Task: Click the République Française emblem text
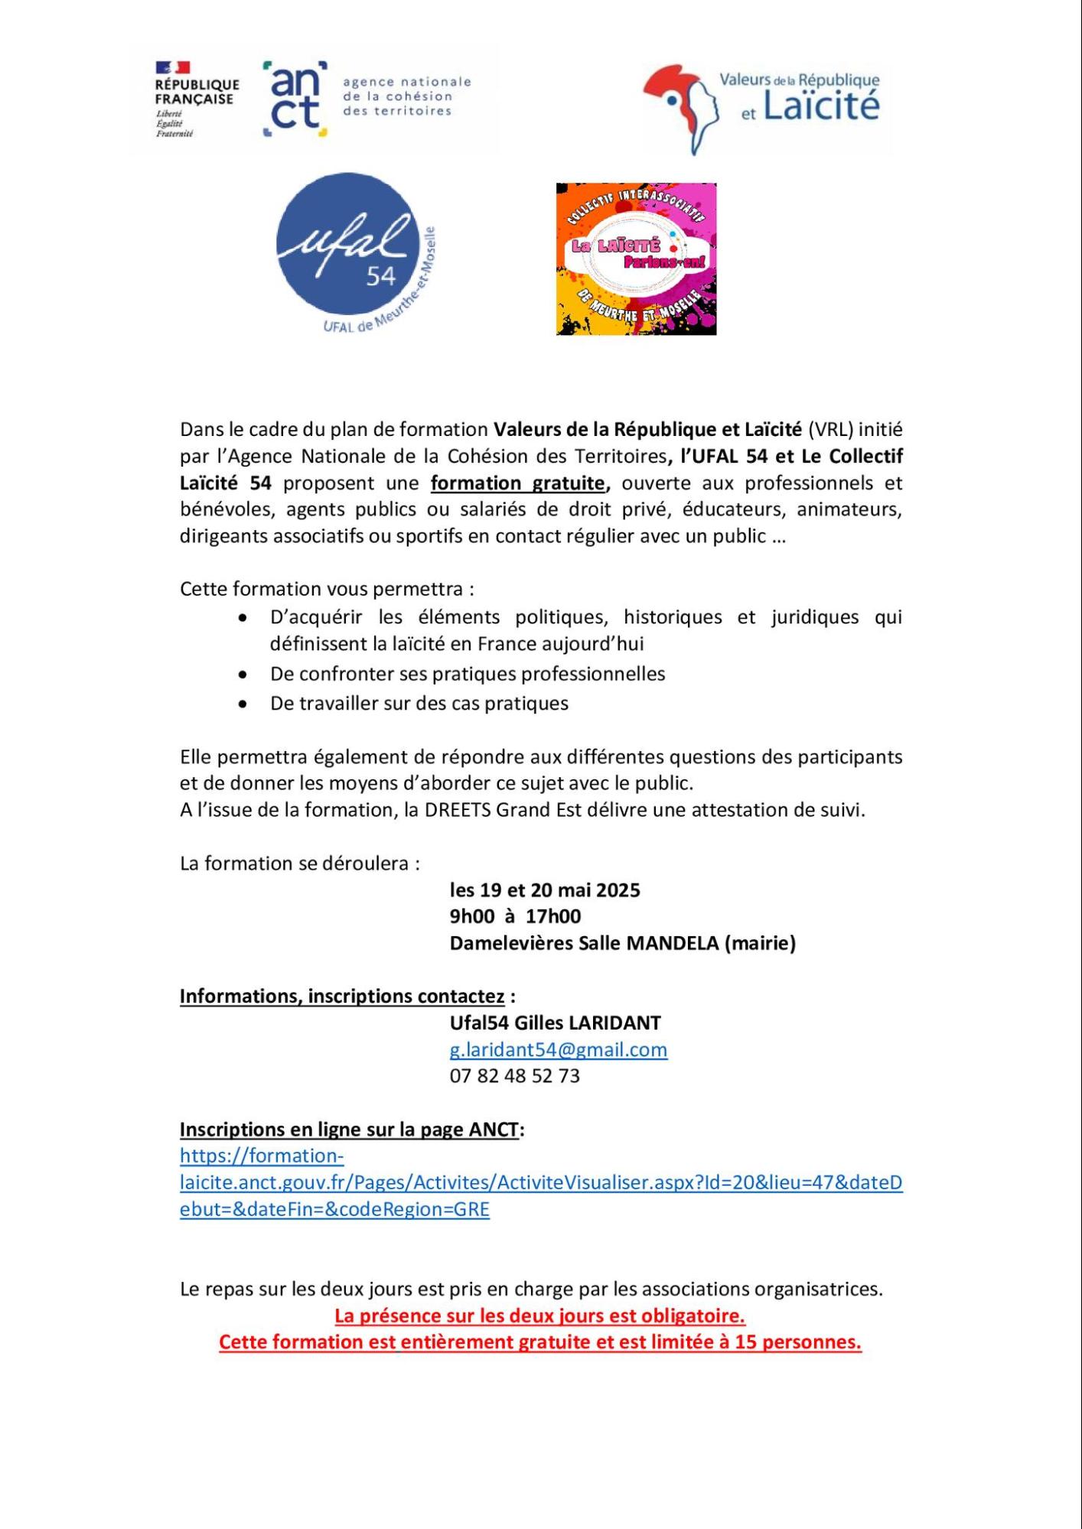coord(197,92)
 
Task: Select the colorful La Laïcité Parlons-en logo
coord(636,259)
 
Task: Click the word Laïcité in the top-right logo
coord(821,107)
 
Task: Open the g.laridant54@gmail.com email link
coord(558,1049)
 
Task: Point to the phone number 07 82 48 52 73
coord(514,1075)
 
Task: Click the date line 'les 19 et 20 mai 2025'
coord(544,890)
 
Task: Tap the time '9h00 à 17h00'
coord(515,916)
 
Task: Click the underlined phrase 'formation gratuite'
coord(518,483)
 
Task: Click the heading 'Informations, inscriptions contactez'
coord(342,996)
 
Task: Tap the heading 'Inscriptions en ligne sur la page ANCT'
coord(350,1129)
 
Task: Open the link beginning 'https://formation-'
coord(262,1156)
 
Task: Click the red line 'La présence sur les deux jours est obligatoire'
coord(539,1316)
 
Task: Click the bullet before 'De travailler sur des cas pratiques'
coord(243,704)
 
